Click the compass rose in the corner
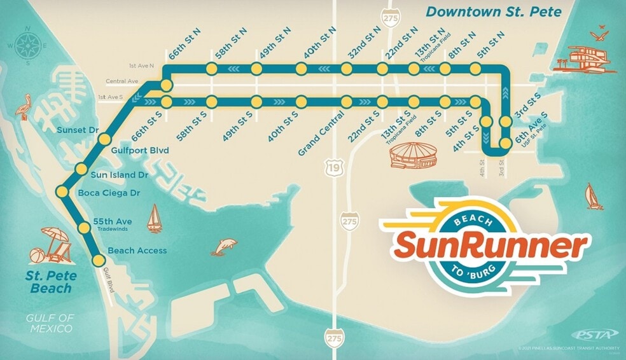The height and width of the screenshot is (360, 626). click(x=27, y=46)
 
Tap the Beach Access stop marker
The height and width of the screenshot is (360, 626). click(x=99, y=260)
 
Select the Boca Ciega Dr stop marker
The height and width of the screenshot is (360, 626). click(x=62, y=191)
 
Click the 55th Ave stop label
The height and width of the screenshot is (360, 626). click(x=113, y=221)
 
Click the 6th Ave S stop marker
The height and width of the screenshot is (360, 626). click(x=506, y=143)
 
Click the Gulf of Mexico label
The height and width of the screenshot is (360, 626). click(x=49, y=323)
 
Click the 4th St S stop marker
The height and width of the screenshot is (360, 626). click(x=487, y=121)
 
